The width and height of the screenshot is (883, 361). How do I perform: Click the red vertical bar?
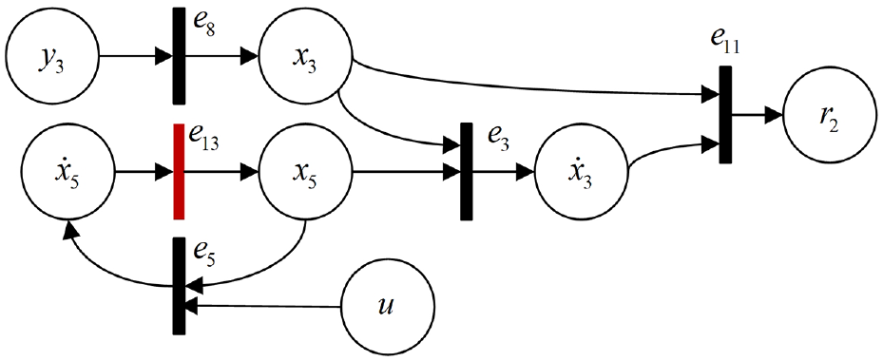coord(179,171)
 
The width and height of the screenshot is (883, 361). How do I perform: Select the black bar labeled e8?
coord(179,56)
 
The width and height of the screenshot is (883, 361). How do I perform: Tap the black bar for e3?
coord(467,172)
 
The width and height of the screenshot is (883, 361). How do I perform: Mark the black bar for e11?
coord(725,115)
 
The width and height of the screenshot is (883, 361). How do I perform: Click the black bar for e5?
coord(179,286)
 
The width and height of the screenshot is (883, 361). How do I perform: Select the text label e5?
coord(203,253)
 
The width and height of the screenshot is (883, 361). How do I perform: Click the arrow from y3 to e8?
coord(136,56)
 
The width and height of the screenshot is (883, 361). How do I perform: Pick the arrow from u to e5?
coord(263,306)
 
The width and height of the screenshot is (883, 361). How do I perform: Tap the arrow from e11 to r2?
coord(757,116)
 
